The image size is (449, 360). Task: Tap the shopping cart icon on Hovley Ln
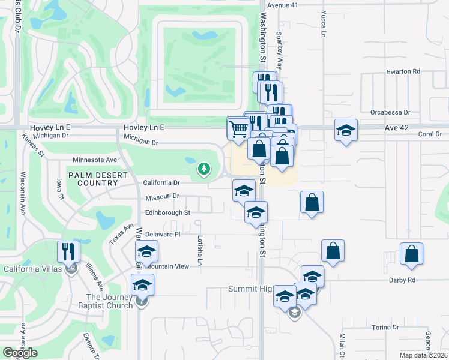click(x=238, y=128)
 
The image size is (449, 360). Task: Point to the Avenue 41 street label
click(x=283, y=5)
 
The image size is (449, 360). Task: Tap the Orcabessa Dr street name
click(x=390, y=112)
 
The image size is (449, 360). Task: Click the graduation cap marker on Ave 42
click(x=346, y=131)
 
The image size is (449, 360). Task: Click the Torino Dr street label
click(x=385, y=328)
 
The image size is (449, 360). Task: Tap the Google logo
click(x=20, y=353)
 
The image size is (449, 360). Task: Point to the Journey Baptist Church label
click(x=110, y=301)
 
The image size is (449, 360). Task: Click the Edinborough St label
click(x=167, y=212)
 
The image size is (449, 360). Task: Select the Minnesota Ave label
click(x=95, y=160)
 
